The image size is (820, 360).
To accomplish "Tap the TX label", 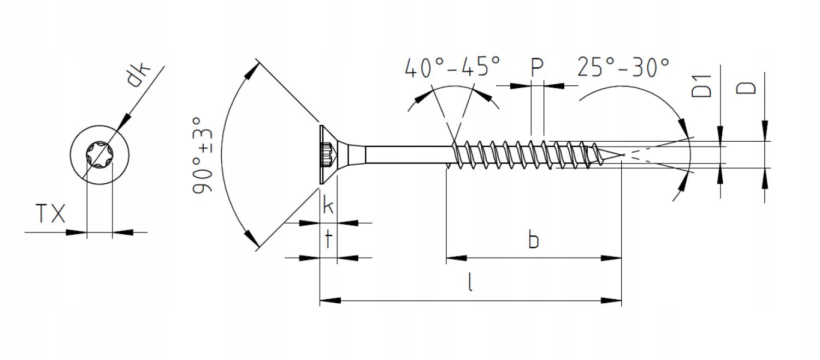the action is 50,214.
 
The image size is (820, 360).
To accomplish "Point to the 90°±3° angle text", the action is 202,155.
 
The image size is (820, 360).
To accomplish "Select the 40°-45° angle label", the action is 452,67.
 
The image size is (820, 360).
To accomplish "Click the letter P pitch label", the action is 537,67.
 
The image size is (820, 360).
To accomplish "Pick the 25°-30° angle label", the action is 623,67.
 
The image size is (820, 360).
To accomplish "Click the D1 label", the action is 701,86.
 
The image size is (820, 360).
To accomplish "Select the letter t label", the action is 328,240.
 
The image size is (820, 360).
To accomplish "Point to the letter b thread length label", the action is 534,240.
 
